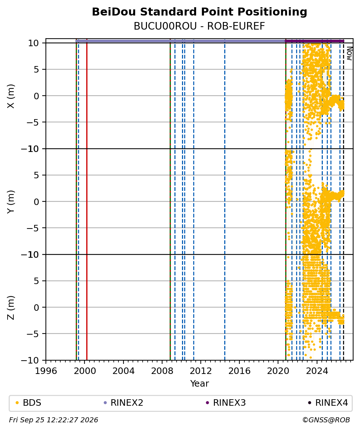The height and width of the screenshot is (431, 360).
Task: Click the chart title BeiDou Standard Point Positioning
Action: (199, 12)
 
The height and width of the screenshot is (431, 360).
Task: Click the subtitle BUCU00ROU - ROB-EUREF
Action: (199, 26)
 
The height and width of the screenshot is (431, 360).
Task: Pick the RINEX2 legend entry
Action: (123, 403)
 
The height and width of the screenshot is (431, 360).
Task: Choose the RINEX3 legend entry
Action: (226, 403)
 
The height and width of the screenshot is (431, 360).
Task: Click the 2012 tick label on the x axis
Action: (201, 371)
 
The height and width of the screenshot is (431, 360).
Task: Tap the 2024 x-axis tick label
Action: (317, 371)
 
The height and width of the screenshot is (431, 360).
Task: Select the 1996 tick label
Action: (46, 371)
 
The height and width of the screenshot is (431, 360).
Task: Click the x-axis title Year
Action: (199, 383)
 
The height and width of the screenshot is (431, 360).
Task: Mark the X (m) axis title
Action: (10, 96)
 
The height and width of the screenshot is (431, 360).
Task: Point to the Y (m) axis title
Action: (10, 202)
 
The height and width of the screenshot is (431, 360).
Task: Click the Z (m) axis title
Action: (10, 308)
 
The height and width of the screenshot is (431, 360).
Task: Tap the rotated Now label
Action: (349, 53)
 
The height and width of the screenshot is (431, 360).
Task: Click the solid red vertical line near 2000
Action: (87, 199)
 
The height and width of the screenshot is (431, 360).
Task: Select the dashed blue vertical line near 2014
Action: (225, 199)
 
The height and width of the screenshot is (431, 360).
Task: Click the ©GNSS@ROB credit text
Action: (326, 420)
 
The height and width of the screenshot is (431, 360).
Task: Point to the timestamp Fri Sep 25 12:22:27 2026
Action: (54, 420)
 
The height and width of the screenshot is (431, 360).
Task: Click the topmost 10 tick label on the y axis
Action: (34, 43)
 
